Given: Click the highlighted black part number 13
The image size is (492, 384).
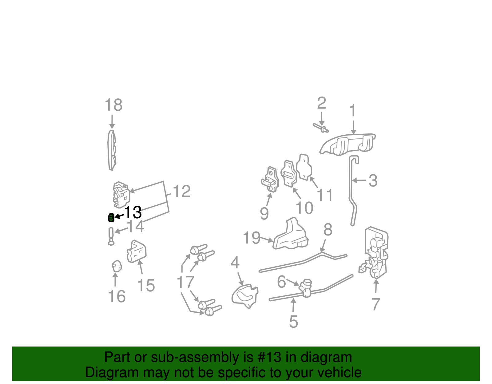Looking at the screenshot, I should (133, 212).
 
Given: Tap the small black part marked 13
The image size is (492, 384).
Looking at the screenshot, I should (111, 217).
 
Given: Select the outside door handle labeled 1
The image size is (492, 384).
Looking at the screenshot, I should (347, 144).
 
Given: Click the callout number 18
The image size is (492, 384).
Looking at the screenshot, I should (113, 105).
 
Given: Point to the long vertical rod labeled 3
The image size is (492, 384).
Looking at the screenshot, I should (351, 191).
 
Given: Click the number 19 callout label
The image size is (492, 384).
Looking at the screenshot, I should (252, 238).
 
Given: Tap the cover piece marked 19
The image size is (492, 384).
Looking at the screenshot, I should (291, 236).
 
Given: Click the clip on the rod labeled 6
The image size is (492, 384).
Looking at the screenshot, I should (305, 287).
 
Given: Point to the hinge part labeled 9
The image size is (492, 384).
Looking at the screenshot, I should (270, 180).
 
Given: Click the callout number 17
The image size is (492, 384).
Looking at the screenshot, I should (185, 282).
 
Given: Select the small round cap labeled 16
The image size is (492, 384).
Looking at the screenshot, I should (116, 266).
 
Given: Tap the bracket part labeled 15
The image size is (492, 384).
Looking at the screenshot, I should (136, 251).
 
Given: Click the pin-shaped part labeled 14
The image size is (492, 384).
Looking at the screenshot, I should (111, 236).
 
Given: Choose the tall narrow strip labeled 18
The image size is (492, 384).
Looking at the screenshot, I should (112, 150).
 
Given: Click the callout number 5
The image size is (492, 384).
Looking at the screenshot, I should (293, 322).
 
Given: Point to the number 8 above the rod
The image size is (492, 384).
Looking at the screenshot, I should (328, 230).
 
